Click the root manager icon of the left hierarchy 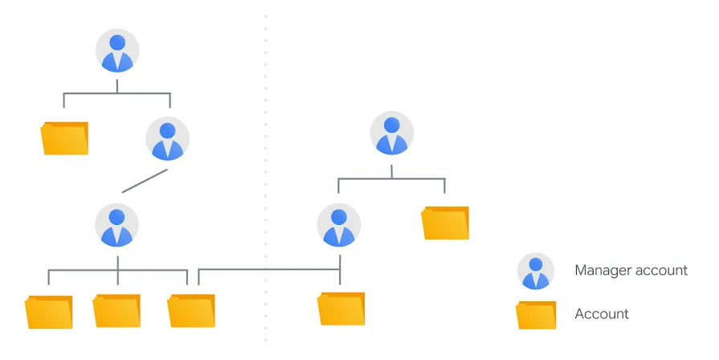click(117, 51)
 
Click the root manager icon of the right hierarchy click(391, 133)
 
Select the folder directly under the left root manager click(64, 138)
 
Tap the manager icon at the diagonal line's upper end click(167, 138)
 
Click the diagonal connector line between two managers click(145, 181)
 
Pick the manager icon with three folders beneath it click(117, 225)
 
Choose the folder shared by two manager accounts click(190, 310)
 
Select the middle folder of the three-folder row click(116, 310)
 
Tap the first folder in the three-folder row click(49, 312)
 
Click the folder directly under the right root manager click(445, 223)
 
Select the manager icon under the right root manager click(339, 225)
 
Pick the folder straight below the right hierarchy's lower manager click(341, 309)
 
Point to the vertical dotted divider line click(265, 179)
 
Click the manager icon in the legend click(536, 271)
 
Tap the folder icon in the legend click(536, 315)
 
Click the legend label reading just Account click(602, 313)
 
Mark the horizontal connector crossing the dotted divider click(269, 270)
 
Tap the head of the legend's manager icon click(536, 264)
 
